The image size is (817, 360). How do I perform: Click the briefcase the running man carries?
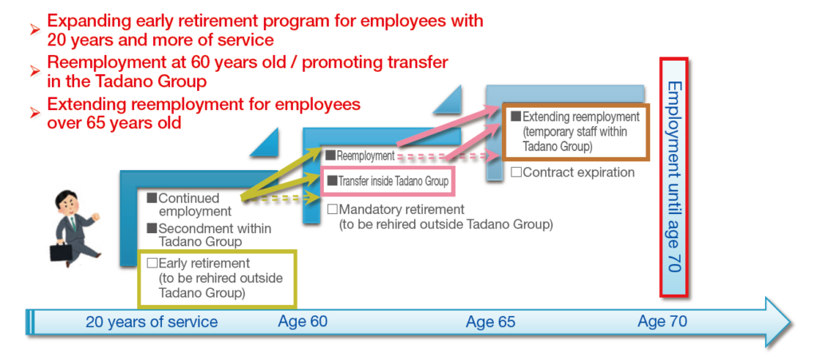pos(60,253)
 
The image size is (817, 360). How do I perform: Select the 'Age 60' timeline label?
pos(302,321)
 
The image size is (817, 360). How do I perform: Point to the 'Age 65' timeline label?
pos(491,322)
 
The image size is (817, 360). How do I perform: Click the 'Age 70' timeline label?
pos(662,321)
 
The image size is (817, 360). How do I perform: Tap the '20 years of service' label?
pos(152,322)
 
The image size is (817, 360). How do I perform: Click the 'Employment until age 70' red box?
pos(674,177)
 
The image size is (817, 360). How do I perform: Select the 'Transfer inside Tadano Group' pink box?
pos(389,181)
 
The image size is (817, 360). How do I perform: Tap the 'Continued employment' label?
pos(190,205)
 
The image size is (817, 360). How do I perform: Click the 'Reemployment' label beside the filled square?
pos(365,155)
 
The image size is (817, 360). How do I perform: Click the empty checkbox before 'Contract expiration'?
pos(516,172)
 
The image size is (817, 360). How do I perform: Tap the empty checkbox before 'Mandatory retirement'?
pos(333,209)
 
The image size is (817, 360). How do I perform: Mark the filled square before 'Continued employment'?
pos(152,198)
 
